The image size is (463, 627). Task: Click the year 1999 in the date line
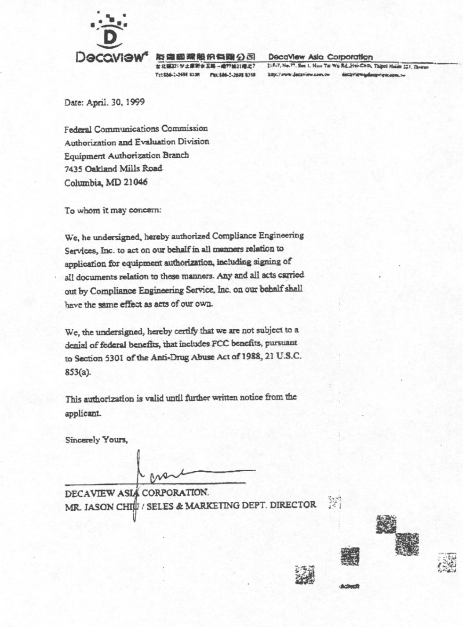click(135, 102)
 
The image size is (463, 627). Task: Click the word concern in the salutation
click(146, 210)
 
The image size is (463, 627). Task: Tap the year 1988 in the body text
click(250, 356)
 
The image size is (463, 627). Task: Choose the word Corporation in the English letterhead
click(350, 57)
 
